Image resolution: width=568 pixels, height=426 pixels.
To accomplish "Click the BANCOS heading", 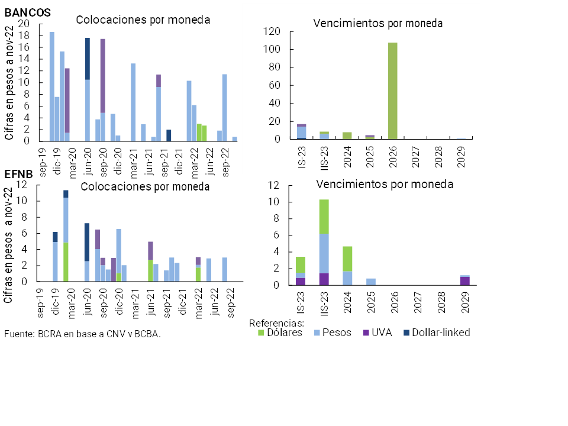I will click(x=27, y=12).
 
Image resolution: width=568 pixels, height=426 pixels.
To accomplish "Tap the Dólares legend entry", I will click(x=280, y=333).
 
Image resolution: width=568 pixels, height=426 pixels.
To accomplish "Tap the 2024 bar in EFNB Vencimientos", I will click(x=347, y=266).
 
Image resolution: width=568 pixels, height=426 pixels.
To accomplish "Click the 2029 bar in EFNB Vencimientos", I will click(x=464, y=280).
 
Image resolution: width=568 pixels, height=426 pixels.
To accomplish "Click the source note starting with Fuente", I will click(x=82, y=334).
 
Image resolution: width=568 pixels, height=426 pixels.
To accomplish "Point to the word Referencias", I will click(x=276, y=323).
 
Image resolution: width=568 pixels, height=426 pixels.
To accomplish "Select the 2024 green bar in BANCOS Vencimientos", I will click(x=347, y=135).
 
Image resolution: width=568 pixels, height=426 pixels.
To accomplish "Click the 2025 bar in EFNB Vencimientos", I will click(x=370, y=282).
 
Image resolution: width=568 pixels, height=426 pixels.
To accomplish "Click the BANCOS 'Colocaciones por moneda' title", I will click(x=143, y=20).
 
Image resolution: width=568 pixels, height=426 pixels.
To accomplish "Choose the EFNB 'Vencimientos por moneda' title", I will click(x=385, y=184).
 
